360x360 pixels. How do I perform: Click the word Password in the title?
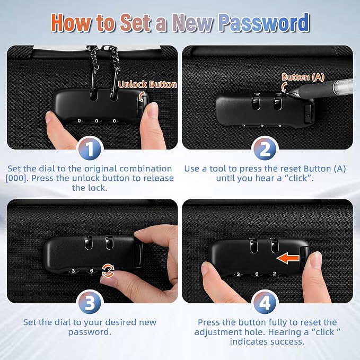pos(264,22)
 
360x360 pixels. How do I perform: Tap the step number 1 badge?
pos(90,149)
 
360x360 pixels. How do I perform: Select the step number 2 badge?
pos(265,149)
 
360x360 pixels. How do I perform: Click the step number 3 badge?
pos(90,303)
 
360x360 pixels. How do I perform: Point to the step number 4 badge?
pos(265,303)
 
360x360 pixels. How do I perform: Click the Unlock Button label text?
pos(147,84)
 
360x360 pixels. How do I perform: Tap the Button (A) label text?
pos(303,77)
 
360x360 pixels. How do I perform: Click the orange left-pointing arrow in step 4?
pos(288,258)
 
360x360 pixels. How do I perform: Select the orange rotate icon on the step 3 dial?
pos(108,270)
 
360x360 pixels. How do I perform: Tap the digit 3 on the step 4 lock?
pos(238,274)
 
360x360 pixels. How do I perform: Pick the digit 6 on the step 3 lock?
pos(91,271)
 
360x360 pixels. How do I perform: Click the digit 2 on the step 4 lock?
pos(274,274)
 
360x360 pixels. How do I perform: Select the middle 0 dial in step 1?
pos(96,121)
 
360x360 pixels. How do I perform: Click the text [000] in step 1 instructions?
pos(16,178)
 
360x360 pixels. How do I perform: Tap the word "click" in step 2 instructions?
pos(298,178)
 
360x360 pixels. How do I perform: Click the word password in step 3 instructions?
pos(90,332)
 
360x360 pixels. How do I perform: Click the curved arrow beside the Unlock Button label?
pos(142,96)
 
